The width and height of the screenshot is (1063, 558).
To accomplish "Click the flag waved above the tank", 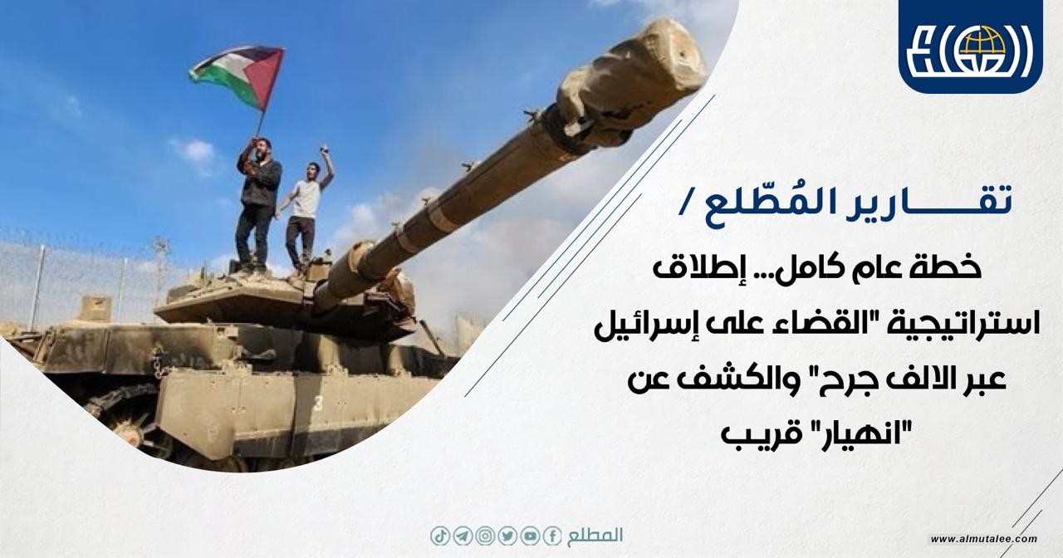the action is click(238, 76).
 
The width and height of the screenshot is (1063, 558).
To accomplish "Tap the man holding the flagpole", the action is click(257, 205).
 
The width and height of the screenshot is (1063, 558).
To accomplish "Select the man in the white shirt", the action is click(306, 211).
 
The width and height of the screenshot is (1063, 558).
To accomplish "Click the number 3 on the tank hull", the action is click(317, 404).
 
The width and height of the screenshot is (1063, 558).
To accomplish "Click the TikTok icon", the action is click(440, 536).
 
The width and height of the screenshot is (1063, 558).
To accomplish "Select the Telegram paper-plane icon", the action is click(463, 536).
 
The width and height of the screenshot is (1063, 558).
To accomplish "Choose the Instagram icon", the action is click(484, 536).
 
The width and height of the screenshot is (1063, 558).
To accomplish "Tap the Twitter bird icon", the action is click(507, 536).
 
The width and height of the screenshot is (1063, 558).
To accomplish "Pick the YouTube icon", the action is click(530, 536).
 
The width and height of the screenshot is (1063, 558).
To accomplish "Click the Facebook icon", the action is click(552, 536).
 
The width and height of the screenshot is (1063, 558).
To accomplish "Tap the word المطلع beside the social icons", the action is click(595, 536).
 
